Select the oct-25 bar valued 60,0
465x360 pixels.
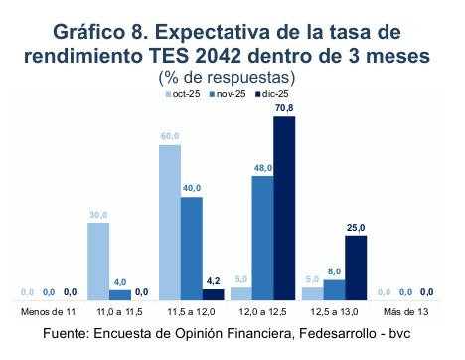coord(169,222)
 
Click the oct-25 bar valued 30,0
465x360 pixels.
coord(97,261)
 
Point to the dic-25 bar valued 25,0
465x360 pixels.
coord(355,267)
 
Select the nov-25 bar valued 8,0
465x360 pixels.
coord(334,288)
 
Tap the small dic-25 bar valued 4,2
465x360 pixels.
coord(213,293)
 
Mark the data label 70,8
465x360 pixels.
coord(284,108)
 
